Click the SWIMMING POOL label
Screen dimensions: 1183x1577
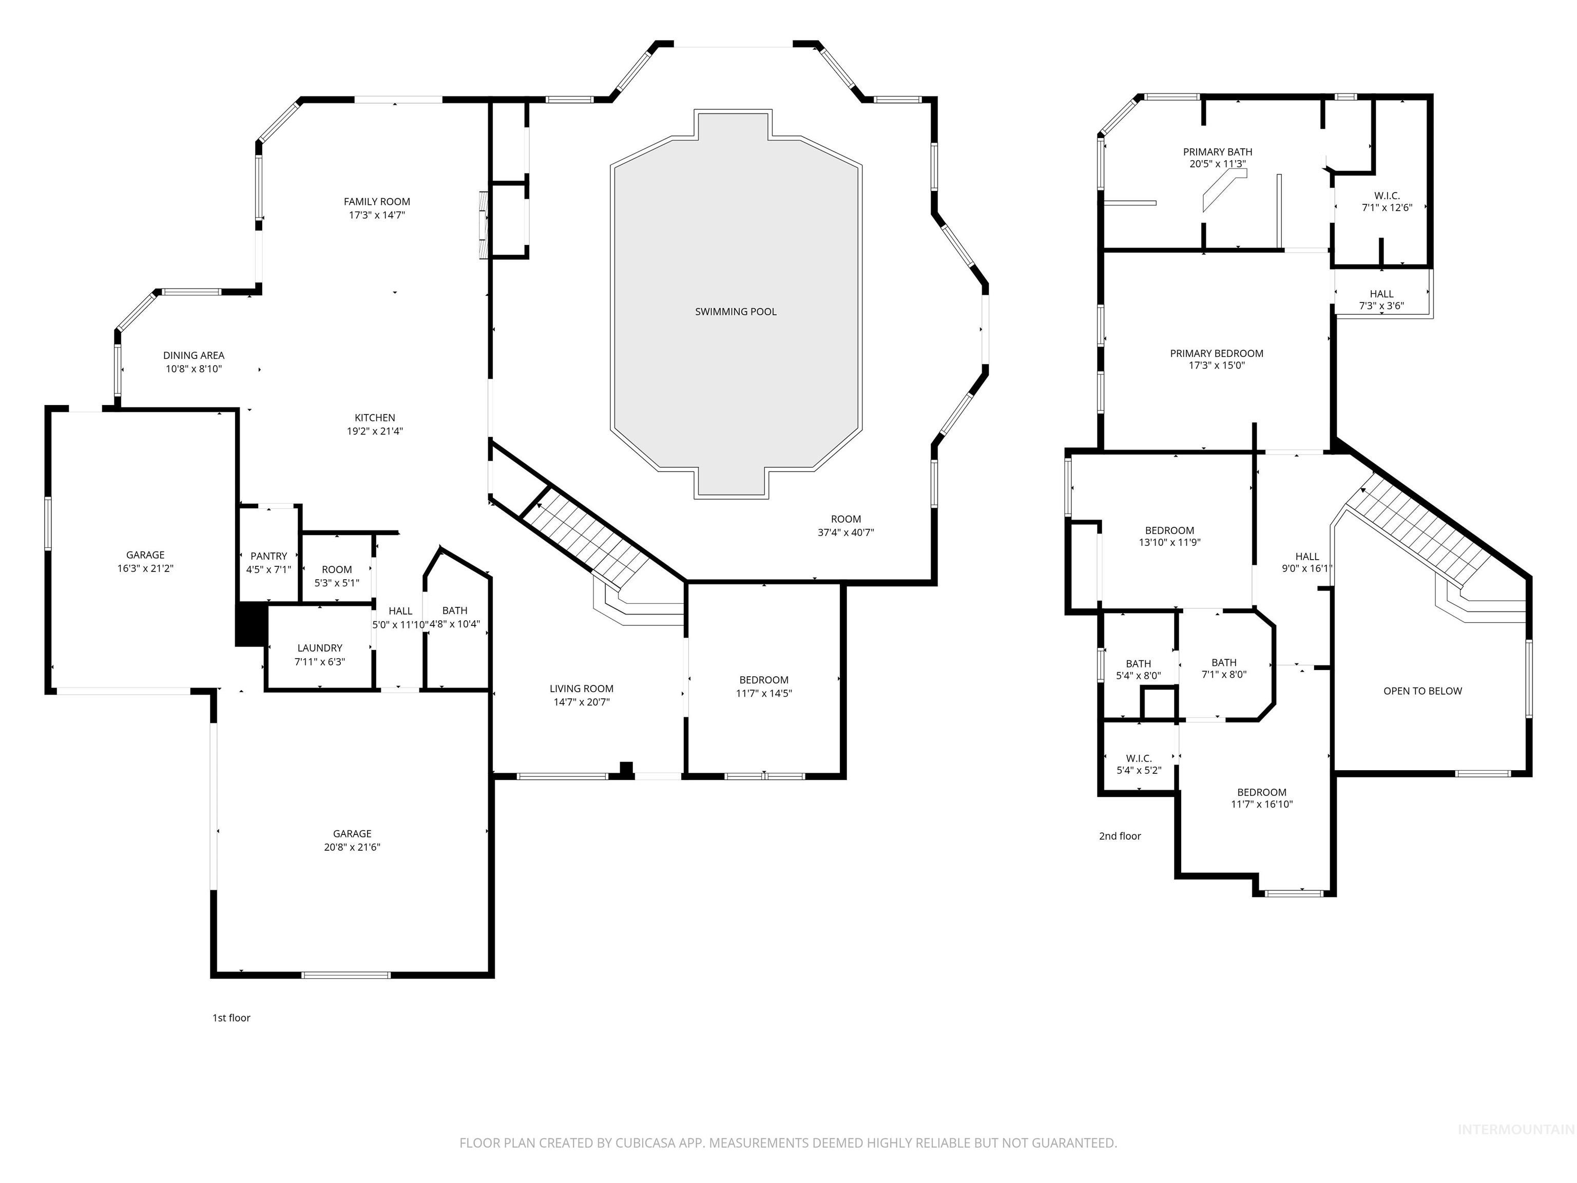[736, 312]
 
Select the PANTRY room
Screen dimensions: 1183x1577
[269, 556]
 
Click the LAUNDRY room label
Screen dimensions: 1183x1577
[319, 648]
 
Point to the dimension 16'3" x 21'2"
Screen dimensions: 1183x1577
[145, 568]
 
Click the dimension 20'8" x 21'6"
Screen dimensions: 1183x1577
[352, 847]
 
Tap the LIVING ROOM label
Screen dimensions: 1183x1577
[581, 689]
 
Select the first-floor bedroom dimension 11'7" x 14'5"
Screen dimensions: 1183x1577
[763, 693]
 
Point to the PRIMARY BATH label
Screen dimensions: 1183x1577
[1217, 152]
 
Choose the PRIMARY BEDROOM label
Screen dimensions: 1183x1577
[1216, 354]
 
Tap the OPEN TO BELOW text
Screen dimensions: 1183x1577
[1422, 691]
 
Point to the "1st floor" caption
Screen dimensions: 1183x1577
[231, 1018]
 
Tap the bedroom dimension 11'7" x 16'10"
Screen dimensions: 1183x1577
[1261, 805]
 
